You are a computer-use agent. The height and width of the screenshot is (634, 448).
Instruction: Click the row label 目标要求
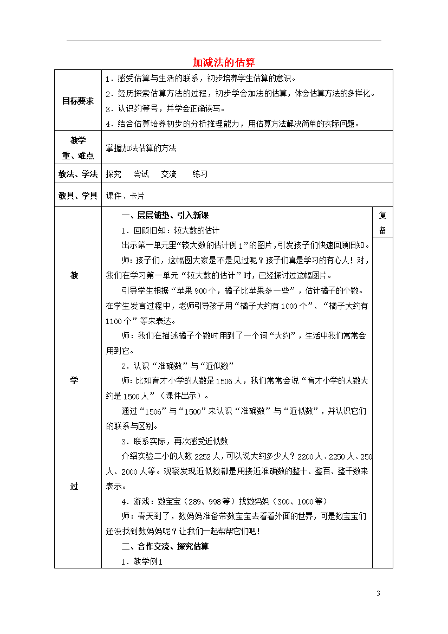click(77, 101)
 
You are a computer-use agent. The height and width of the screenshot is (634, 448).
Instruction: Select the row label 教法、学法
click(77, 174)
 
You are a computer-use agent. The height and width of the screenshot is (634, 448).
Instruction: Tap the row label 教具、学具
click(77, 196)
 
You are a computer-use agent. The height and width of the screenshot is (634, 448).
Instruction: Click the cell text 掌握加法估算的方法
click(141, 147)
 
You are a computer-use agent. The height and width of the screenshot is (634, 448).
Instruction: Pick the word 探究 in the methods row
click(114, 174)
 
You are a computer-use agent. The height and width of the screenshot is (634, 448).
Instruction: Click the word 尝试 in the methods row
click(141, 174)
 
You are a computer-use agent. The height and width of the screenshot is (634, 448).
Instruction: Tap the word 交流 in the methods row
click(168, 174)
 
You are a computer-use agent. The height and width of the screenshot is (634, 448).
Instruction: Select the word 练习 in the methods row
click(200, 174)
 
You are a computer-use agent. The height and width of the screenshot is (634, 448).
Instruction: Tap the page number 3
click(378, 593)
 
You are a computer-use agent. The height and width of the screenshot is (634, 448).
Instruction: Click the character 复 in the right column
click(382, 215)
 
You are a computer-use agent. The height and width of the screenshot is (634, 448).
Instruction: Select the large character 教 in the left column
click(74, 275)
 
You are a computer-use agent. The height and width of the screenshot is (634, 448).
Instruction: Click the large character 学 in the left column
click(74, 380)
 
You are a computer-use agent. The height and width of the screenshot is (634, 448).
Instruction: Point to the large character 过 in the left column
click(74, 486)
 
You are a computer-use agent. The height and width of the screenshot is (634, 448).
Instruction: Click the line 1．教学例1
click(142, 562)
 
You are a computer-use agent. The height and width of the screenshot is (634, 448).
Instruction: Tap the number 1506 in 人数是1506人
click(224, 381)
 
